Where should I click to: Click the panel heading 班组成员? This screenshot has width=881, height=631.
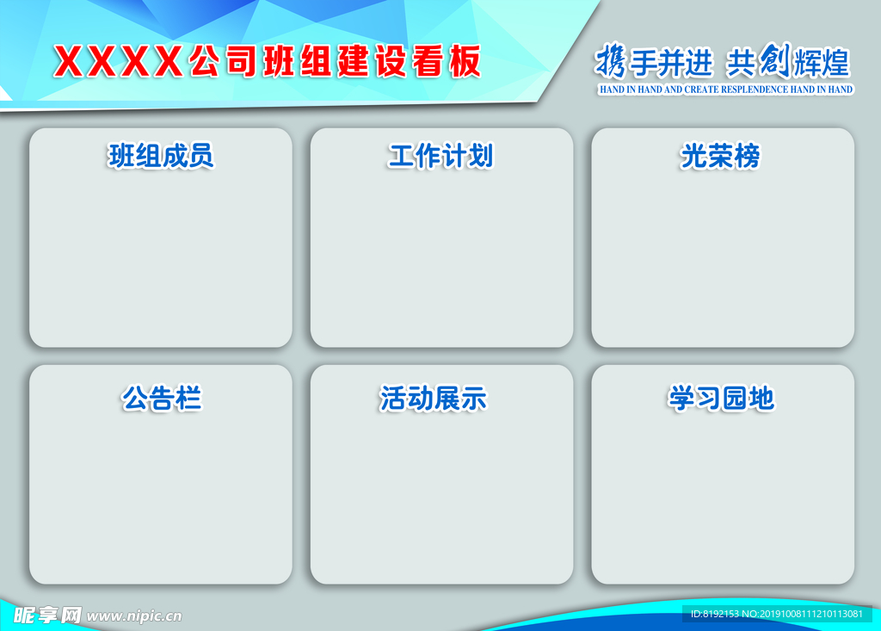(161, 156)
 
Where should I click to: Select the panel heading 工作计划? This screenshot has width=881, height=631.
(440, 156)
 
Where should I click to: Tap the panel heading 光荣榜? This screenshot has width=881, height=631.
(721, 156)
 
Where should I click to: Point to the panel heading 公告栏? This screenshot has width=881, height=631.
(161, 399)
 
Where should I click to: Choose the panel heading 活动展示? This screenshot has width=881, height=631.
(434, 399)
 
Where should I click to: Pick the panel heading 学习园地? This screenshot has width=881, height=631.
(721, 399)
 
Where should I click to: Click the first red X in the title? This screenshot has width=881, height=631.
(70, 62)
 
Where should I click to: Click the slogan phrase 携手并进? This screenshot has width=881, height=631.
(654, 62)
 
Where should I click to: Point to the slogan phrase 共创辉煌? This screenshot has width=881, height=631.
(787, 62)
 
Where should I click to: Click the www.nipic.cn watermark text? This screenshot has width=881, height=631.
(134, 616)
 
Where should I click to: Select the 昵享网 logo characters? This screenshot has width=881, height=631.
(47, 616)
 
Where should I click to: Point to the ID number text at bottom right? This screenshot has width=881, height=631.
(776, 614)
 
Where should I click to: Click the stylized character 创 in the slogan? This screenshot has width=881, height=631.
(773, 61)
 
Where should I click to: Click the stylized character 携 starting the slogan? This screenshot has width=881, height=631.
(610, 62)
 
